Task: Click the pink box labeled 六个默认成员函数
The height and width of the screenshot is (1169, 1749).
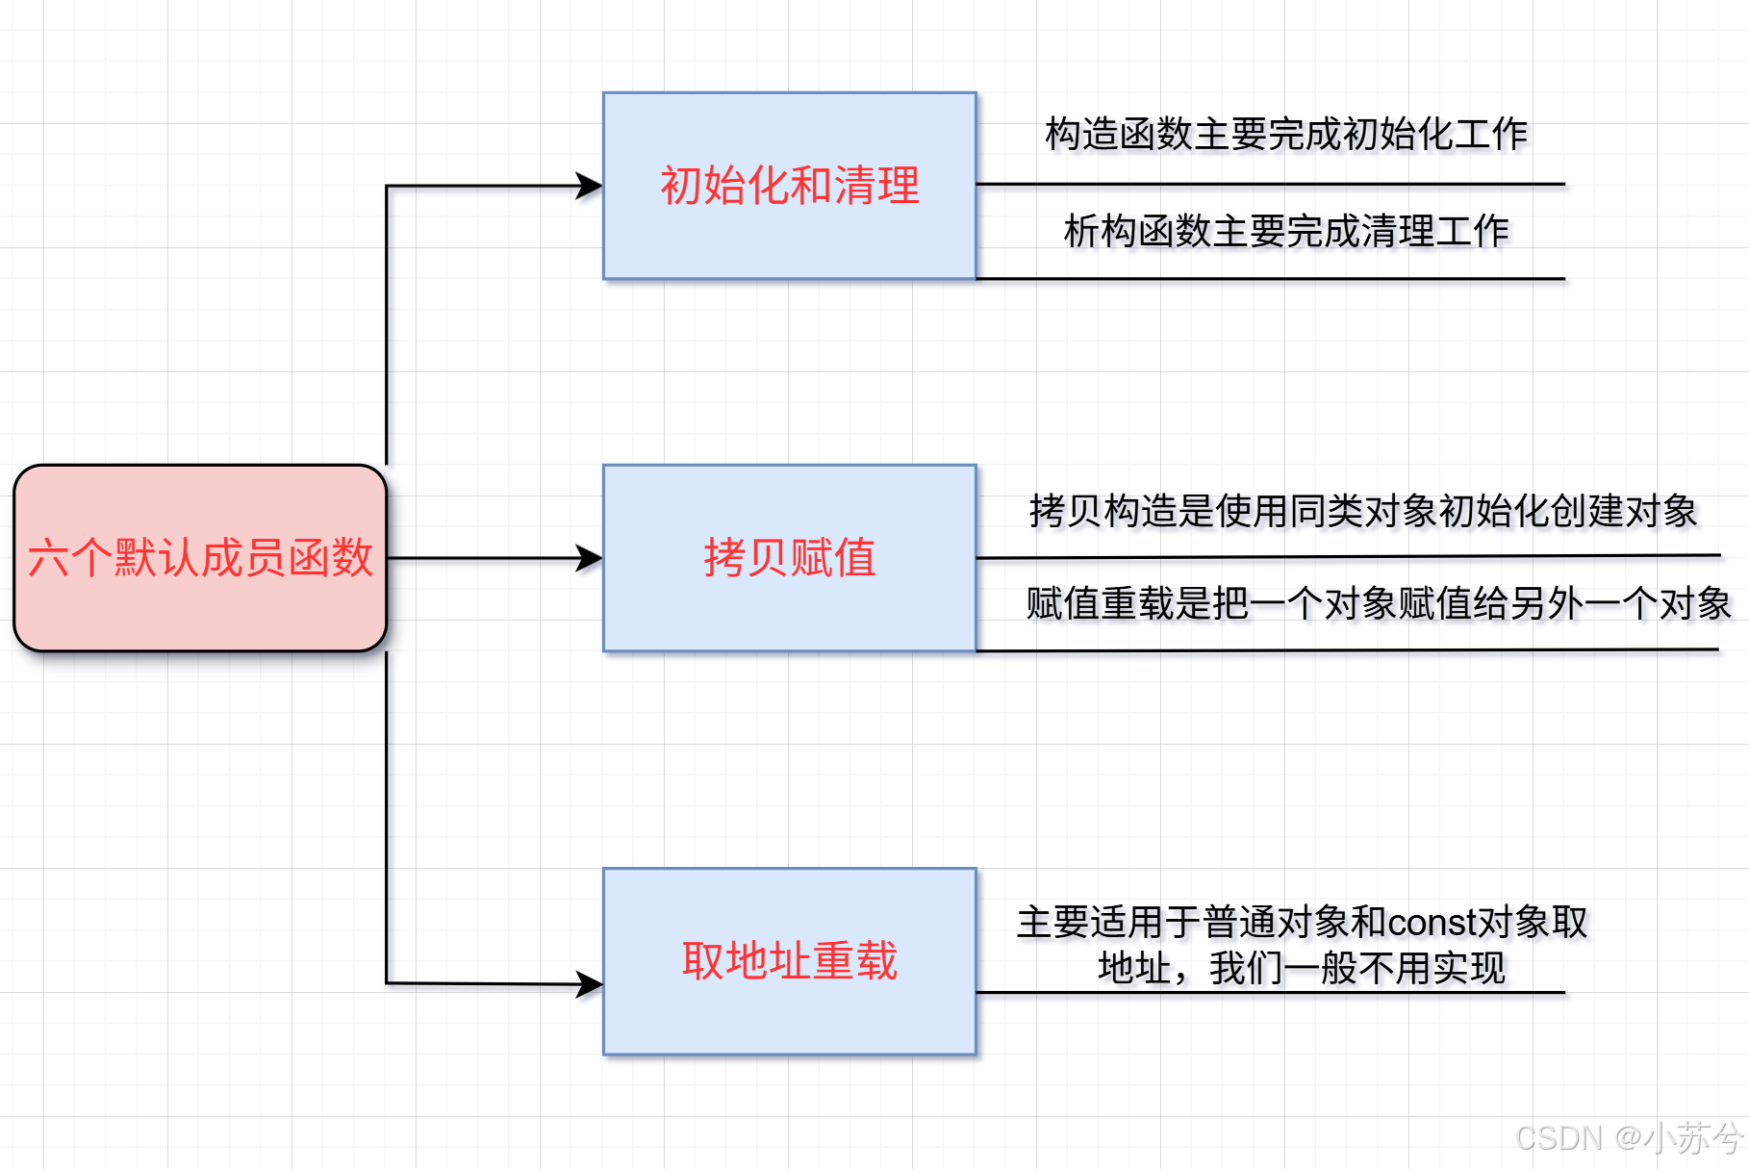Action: [x=199, y=558]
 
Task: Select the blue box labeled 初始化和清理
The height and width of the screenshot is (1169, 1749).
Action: [x=789, y=186]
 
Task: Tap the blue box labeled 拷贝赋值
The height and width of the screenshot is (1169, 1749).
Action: [x=789, y=558]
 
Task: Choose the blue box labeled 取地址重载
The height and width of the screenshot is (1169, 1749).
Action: [x=789, y=961]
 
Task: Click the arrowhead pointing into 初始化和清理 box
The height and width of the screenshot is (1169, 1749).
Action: [x=590, y=186]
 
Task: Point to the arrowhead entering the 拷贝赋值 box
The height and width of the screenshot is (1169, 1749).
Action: [x=590, y=558]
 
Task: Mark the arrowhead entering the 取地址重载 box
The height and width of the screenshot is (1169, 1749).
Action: [x=590, y=983]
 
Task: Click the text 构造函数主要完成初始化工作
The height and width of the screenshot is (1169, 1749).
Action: [x=1285, y=134]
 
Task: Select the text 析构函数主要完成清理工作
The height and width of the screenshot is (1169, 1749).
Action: [x=1285, y=231]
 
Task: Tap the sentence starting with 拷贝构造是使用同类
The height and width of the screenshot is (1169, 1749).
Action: [x=1362, y=511]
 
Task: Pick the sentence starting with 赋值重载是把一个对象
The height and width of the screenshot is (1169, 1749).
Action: [x=1378, y=604]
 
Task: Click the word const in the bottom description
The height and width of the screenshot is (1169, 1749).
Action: [x=1431, y=923]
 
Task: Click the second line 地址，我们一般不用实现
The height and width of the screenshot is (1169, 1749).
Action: [x=1301, y=968]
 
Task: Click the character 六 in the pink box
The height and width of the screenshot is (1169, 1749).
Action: [x=48, y=558]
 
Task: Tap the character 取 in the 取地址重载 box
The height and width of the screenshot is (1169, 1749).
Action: [x=702, y=961]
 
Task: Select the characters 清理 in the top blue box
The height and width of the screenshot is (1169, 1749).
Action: [x=876, y=186]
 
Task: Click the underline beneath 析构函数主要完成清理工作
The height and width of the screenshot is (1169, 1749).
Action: [x=1270, y=279]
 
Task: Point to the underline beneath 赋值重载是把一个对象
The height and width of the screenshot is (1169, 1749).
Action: [x=1347, y=650]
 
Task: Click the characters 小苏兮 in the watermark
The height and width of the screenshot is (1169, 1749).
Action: [x=1693, y=1138]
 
